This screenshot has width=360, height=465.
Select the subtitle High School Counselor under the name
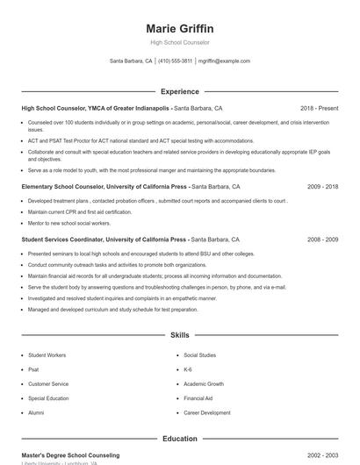(179, 43)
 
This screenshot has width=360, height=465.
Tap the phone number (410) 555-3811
(175, 61)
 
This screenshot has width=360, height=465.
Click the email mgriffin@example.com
(224, 61)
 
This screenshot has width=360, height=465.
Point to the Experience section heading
(179, 91)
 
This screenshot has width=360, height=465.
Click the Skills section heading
(179, 335)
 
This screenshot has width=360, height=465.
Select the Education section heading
(179, 439)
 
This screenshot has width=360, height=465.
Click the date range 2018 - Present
(319, 108)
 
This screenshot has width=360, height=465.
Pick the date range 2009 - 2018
(322, 187)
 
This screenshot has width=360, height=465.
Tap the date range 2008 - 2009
(322, 239)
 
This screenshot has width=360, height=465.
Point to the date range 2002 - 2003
(322, 455)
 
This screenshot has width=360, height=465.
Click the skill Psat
(34, 369)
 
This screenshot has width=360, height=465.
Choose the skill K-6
(189, 369)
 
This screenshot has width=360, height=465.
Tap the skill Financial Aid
(198, 397)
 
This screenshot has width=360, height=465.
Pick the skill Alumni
(36, 411)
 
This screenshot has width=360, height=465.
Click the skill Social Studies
(199, 355)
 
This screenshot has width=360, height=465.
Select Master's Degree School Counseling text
(70, 455)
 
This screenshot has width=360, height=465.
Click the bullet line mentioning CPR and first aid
(78, 211)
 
